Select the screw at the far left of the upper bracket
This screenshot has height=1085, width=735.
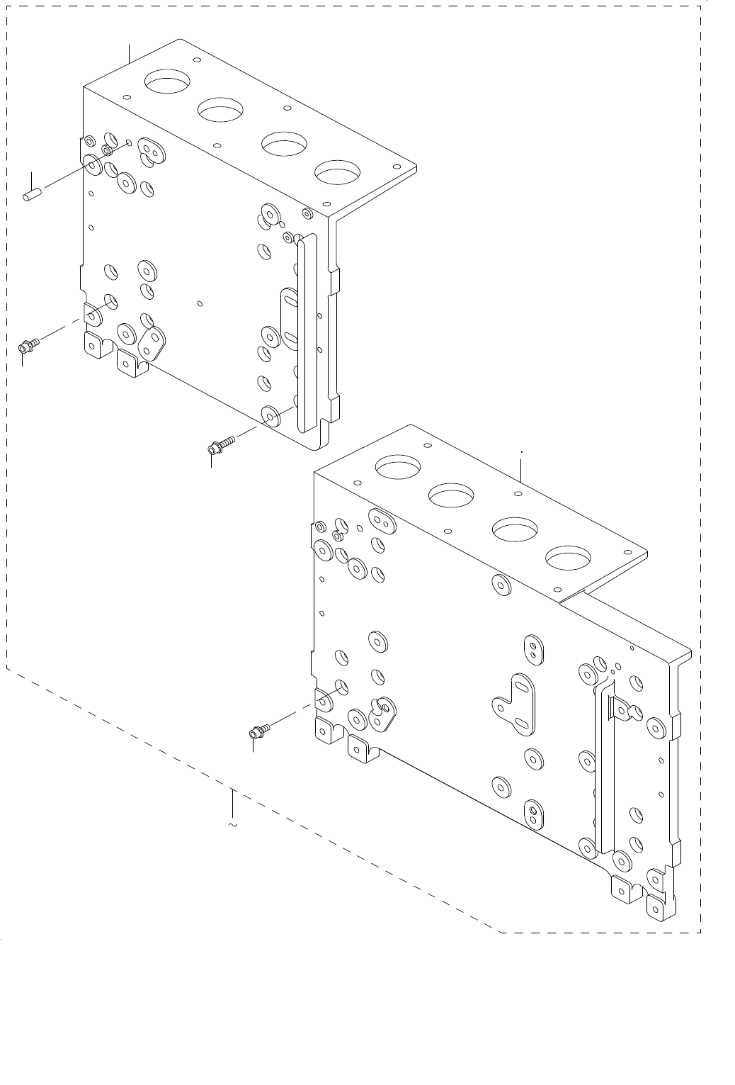tap(28, 346)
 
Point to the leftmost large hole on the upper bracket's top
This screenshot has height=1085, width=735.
tap(166, 80)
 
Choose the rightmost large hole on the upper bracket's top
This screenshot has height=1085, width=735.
tap(338, 172)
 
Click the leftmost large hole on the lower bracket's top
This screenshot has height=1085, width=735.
tap(398, 466)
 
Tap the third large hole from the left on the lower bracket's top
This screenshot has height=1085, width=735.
tap(515, 529)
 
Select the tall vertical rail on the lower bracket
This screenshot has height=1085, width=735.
tap(604, 769)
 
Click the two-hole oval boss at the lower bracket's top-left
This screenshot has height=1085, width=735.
tap(382, 522)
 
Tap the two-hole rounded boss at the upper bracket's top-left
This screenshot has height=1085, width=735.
tap(151, 150)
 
